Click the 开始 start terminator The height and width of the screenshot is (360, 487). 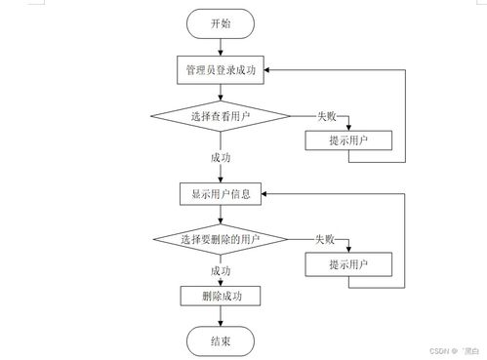pos(221,22)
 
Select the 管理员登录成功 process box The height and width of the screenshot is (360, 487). pos(221,70)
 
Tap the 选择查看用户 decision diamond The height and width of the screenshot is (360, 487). pos(221,116)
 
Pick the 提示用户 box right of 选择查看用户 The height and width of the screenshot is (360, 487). pos(348,141)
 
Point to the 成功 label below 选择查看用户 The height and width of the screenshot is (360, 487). pos(221,156)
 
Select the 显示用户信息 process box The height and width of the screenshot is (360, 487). pos(221,193)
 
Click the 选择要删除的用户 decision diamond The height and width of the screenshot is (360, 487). pos(221,239)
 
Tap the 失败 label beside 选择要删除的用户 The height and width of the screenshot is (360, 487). pos(325,239)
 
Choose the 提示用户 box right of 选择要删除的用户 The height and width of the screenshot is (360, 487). pos(348,264)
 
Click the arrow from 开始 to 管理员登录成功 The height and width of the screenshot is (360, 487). pos(221,47)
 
